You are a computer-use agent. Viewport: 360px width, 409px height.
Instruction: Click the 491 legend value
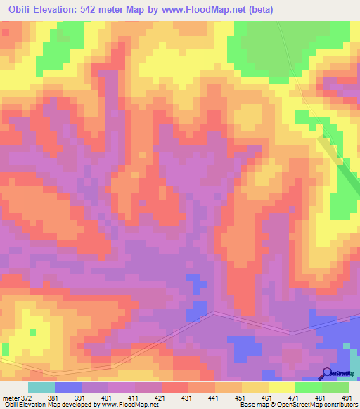point(346,397)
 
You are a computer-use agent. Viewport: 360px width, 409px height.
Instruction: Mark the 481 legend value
point(319,397)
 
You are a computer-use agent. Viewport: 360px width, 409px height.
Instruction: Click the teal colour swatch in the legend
point(41,387)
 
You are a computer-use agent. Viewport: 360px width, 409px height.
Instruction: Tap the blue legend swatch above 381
point(68,387)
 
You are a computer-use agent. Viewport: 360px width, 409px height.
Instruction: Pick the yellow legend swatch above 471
point(282,387)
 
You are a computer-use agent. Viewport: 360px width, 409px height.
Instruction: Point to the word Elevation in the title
point(62,10)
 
